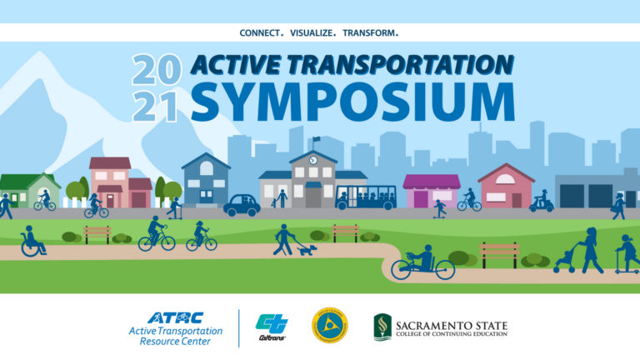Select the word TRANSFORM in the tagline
pos(368,33)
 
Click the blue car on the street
pos(242,205)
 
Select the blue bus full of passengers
pos(367,197)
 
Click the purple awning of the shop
pos(431,182)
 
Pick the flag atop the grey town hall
pos(316,140)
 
